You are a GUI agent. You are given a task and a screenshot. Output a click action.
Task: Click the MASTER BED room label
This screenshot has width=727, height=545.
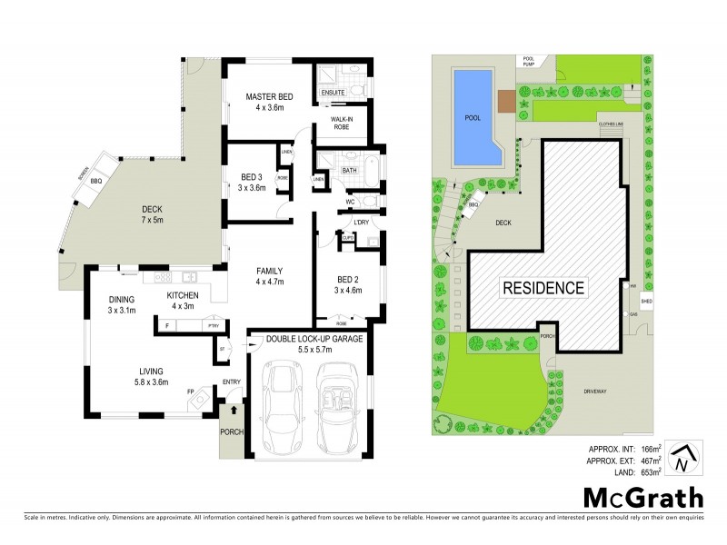(268, 96)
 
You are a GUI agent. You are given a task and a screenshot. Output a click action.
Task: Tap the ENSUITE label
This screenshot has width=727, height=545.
(334, 92)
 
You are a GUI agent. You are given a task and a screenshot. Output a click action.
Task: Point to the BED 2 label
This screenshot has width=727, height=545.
(348, 278)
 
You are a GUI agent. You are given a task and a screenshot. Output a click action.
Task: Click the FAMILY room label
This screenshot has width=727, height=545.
(270, 271)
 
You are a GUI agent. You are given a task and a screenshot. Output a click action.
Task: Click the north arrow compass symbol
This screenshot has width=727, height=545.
(682, 459)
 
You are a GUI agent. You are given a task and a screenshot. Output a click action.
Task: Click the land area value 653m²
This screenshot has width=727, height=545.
(642, 471)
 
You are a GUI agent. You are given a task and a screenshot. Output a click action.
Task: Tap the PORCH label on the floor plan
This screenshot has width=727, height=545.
(232, 431)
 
